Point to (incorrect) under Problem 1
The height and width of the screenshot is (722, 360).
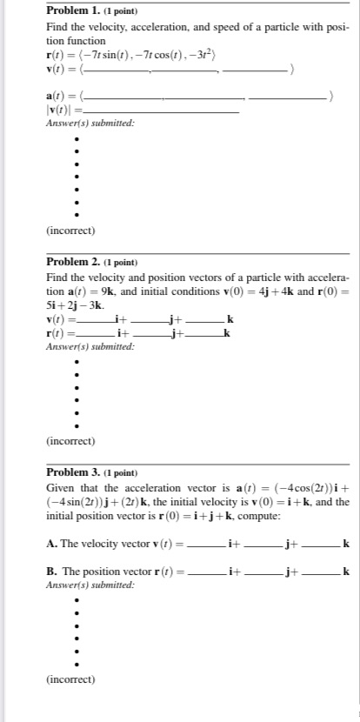click(x=70, y=231)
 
